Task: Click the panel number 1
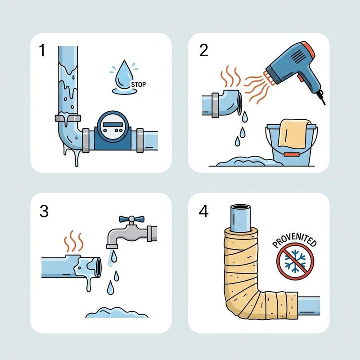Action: click(42, 50)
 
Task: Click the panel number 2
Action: click(204, 50)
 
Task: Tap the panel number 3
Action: click(44, 211)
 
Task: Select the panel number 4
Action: click(204, 211)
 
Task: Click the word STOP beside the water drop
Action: click(139, 85)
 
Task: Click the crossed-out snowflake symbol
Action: click(295, 261)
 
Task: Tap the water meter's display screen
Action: click(113, 125)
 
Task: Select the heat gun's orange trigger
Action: click(300, 78)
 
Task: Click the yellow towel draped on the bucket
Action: click(292, 133)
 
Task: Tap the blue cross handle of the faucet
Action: click(131, 219)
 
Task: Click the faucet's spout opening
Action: click(112, 247)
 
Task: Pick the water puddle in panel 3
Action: click(117, 313)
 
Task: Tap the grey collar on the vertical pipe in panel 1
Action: click(68, 118)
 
